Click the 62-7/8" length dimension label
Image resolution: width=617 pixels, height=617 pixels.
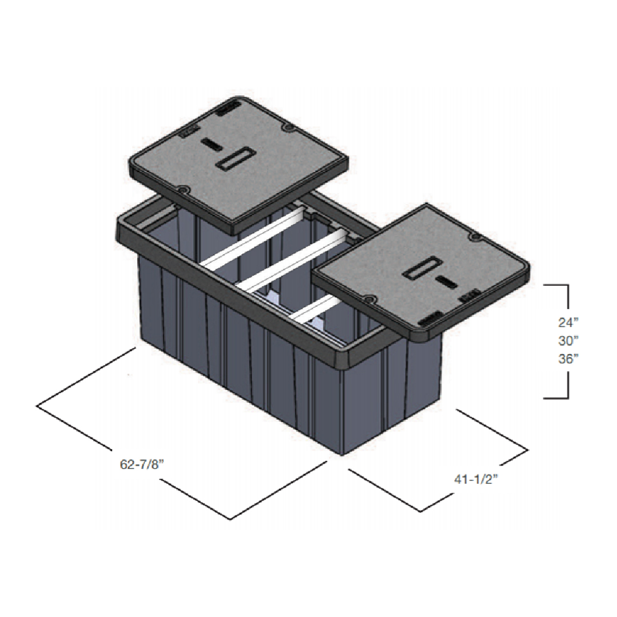tap(142, 464)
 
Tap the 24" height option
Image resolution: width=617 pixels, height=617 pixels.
tap(568, 323)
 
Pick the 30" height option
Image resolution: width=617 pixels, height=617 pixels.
tap(568, 341)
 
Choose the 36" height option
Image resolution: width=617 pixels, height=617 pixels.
tap(568, 359)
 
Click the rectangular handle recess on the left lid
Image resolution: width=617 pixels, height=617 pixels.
tap(233, 161)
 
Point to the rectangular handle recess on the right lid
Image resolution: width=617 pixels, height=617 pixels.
tap(421, 270)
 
